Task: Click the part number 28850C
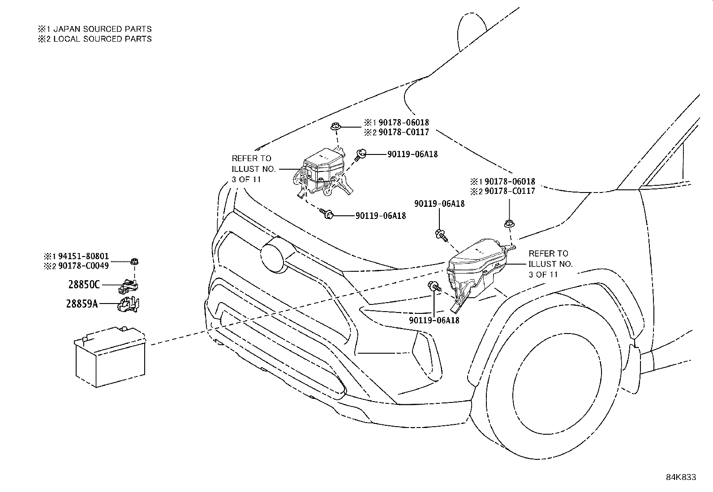[84, 284]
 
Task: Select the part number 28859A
[82, 304]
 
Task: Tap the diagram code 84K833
[681, 477]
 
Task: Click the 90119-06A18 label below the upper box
[381, 216]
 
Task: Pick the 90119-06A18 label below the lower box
[434, 320]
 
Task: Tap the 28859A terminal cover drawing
[129, 304]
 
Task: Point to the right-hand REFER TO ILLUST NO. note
[550, 264]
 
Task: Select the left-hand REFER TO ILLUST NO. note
[253, 169]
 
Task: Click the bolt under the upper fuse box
[327, 215]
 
